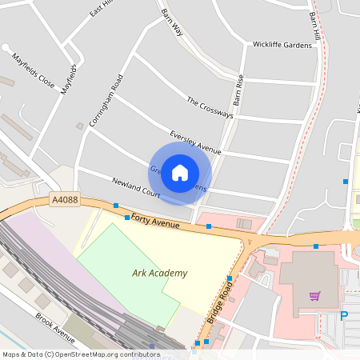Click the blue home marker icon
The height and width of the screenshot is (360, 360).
pyautogui.click(x=180, y=172)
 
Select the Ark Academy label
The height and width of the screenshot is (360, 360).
pyautogui.click(x=159, y=273)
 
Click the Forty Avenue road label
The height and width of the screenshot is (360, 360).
pyautogui.click(x=155, y=221)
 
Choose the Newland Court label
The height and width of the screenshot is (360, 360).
pyautogui.click(x=136, y=187)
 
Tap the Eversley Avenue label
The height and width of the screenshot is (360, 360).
pyautogui.click(x=195, y=142)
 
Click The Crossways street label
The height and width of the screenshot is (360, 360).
pyautogui.click(x=210, y=108)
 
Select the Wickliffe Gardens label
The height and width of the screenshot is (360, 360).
pyautogui.click(x=282, y=45)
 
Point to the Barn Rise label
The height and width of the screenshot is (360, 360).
pyautogui.click(x=237, y=91)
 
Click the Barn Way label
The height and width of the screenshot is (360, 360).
pyautogui.click(x=172, y=22)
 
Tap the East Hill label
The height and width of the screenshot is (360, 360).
pyautogui.click(x=102, y=8)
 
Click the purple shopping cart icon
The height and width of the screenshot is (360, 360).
pyautogui.click(x=315, y=295)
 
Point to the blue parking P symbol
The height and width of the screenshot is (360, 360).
pyautogui.click(x=345, y=316)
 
